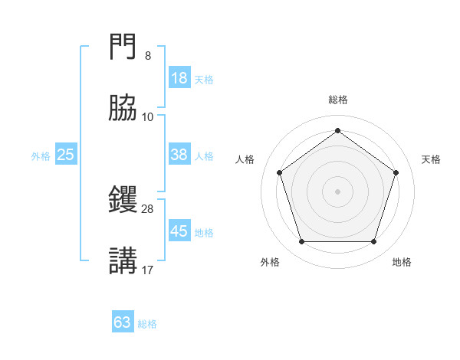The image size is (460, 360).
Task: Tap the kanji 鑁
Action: click(x=123, y=200)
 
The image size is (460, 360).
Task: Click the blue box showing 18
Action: click(x=179, y=78)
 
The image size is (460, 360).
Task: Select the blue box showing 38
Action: click(x=179, y=155)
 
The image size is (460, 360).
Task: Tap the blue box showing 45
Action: click(x=179, y=231)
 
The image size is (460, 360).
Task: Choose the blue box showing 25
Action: click(x=65, y=155)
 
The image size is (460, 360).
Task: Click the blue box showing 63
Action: click(x=123, y=322)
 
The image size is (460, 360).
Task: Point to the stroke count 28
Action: click(x=147, y=208)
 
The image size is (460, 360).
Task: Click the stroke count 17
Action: click(x=147, y=269)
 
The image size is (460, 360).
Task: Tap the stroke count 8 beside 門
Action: click(x=147, y=56)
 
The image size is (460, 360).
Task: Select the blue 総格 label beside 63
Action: click(x=147, y=324)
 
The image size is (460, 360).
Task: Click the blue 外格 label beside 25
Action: click(x=41, y=156)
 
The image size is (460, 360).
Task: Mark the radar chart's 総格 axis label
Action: click(x=337, y=100)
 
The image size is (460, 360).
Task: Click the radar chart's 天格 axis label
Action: click(x=431, y=159)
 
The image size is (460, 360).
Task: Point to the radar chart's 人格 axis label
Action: click(x=245, y=159)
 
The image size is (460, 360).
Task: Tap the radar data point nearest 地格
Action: click(x=373, y=242)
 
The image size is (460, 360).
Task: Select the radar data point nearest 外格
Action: click(x=301, y=242)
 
